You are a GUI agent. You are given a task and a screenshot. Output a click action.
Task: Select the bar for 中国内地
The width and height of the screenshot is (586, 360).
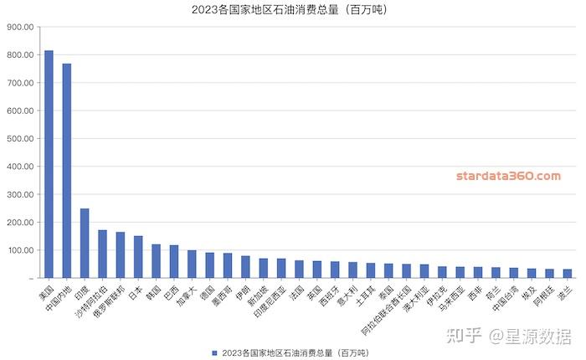[x=67, y=171]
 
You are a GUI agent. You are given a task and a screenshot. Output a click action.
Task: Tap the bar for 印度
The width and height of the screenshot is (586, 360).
[x=85, y=243]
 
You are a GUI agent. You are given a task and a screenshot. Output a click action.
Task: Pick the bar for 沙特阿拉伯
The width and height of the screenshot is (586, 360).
[x=102, y=254]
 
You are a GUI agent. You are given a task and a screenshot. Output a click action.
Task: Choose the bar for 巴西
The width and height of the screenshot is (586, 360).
[x=174, y=261]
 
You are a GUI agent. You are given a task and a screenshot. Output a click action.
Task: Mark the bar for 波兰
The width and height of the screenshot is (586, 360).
[x=568, y=273]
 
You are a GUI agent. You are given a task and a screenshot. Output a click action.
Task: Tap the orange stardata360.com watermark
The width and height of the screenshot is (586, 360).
[x=508, y=176]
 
